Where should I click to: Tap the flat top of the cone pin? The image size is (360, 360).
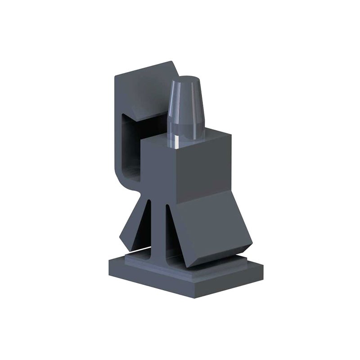click(185, 80)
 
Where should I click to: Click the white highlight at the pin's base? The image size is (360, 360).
click(176, 142)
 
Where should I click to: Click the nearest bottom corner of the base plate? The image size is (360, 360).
click(194, 297)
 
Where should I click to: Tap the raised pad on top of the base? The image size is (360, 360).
click(135, 260)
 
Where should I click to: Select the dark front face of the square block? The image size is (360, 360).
click(157, 166)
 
